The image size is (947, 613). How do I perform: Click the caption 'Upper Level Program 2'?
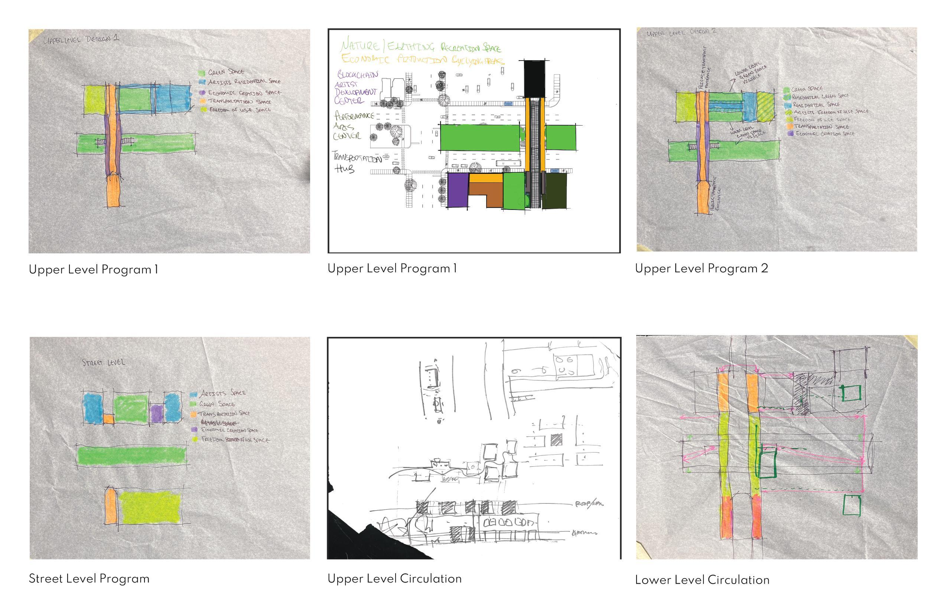(701, 269)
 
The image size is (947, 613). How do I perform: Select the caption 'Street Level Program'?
(89, 579)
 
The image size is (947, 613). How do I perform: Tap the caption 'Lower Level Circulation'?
(702, 580)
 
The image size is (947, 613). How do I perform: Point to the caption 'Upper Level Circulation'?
(394, 579)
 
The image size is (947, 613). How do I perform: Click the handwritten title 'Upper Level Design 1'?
(81, 39)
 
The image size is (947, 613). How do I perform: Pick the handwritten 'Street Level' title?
(104, 362)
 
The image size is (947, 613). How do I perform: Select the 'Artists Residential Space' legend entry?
(244, 82)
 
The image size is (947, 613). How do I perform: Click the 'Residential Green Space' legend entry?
(820, 96)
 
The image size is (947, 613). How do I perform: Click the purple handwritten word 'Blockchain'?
(358, 74)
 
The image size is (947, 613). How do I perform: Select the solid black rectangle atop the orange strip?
(535, 79)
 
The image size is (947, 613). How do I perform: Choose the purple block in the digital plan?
(458, 190)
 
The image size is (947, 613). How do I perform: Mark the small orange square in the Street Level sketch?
(108, 419)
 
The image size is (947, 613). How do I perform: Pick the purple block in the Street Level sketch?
(156, 413)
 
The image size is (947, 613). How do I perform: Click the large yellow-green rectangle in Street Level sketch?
(150, 507)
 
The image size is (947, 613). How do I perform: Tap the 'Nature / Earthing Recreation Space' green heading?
(420, 46)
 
